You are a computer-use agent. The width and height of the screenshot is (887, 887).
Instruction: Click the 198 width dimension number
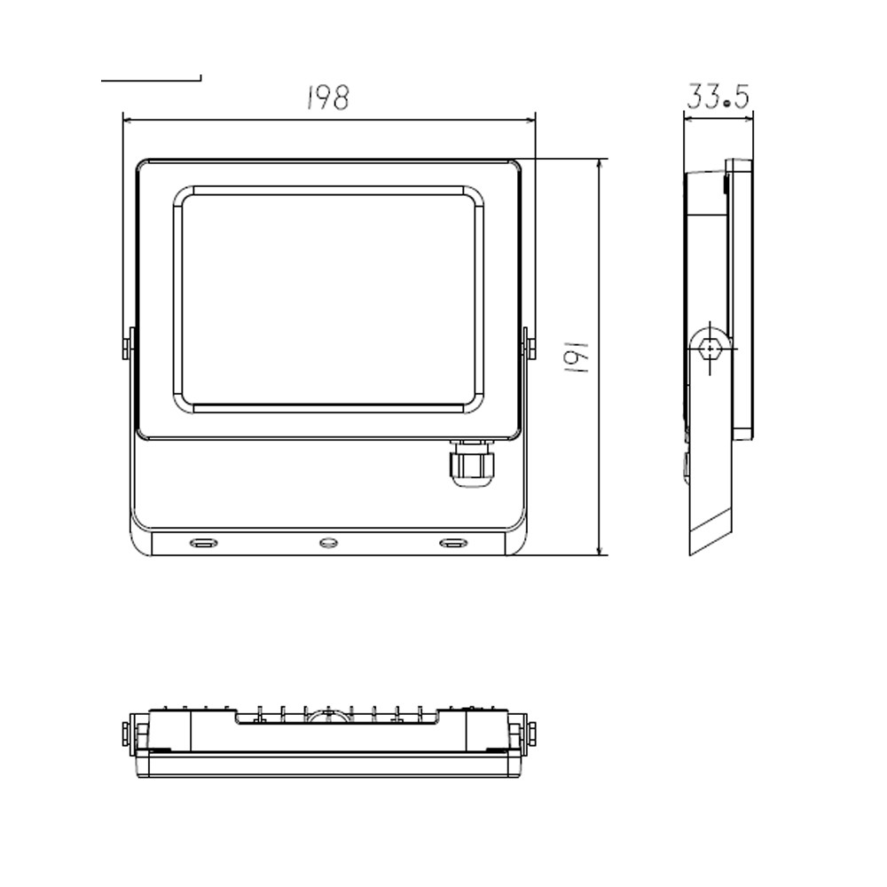pos(328,98)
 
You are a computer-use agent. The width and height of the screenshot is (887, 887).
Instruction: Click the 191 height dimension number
pos(577,357)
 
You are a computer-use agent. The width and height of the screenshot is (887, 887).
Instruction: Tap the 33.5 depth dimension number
pos(718,96)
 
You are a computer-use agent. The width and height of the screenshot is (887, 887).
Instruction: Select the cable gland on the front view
pos(471,462)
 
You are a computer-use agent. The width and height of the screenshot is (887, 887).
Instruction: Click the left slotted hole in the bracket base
pos(203,543)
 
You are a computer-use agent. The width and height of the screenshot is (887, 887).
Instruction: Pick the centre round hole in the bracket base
pos(329,543)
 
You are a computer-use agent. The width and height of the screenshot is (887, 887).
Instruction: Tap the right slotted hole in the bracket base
pos(453,543)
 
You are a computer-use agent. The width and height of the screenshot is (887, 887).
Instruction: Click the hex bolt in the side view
pos(710,349)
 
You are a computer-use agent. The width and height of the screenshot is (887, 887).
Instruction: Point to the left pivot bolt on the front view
pos(129,343)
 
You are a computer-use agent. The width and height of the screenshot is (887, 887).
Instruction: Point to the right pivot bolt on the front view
pos(529,343)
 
